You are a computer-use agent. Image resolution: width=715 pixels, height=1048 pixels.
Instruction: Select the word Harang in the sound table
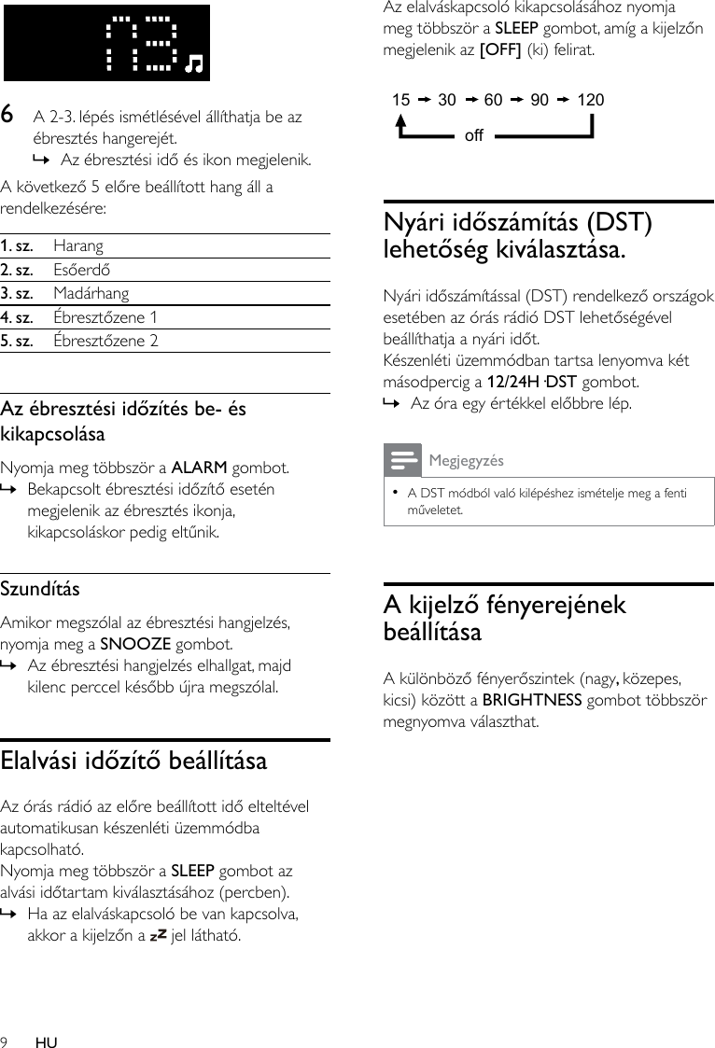coord(78,246)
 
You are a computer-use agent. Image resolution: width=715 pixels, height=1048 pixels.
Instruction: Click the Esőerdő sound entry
coord(81,270)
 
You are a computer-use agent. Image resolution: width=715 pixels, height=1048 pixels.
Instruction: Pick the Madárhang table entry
coord(91,293)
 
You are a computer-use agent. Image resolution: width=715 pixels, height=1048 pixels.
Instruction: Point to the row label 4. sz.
coord(17,316)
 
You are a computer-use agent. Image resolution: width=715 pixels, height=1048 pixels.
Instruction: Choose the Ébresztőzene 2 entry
coord(105,341)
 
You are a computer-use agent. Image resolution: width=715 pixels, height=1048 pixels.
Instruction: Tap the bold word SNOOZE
coord(134,644)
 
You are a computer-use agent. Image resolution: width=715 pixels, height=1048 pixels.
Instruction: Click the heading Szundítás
coord(40,590)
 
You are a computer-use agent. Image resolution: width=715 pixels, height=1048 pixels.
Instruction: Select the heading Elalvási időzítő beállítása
coord(133,760)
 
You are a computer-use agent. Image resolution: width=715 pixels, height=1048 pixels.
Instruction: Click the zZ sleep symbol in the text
coord(158,934)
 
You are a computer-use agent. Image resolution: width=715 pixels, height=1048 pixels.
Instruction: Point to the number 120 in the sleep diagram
coord(591,100)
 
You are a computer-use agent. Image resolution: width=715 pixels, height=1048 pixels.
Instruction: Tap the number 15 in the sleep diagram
coord(400,100)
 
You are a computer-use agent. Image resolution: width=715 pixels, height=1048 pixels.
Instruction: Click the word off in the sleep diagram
coord(473,136)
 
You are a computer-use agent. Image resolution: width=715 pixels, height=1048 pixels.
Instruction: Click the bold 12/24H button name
coord(513,381)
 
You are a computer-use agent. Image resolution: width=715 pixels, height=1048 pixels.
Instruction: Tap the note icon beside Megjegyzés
coord(402,461)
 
